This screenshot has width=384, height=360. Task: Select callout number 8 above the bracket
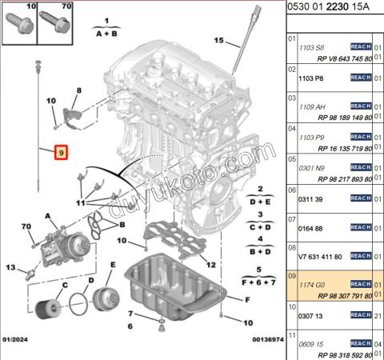tap(78, 91)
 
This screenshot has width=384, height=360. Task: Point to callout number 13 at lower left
tap(11, 266)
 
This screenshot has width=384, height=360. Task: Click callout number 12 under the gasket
tap(210, 264)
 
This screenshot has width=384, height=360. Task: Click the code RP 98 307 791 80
tap(341, 296)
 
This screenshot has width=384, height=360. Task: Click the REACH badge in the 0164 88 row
tap(361, 228)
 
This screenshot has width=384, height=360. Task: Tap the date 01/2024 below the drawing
tap(17, 340)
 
